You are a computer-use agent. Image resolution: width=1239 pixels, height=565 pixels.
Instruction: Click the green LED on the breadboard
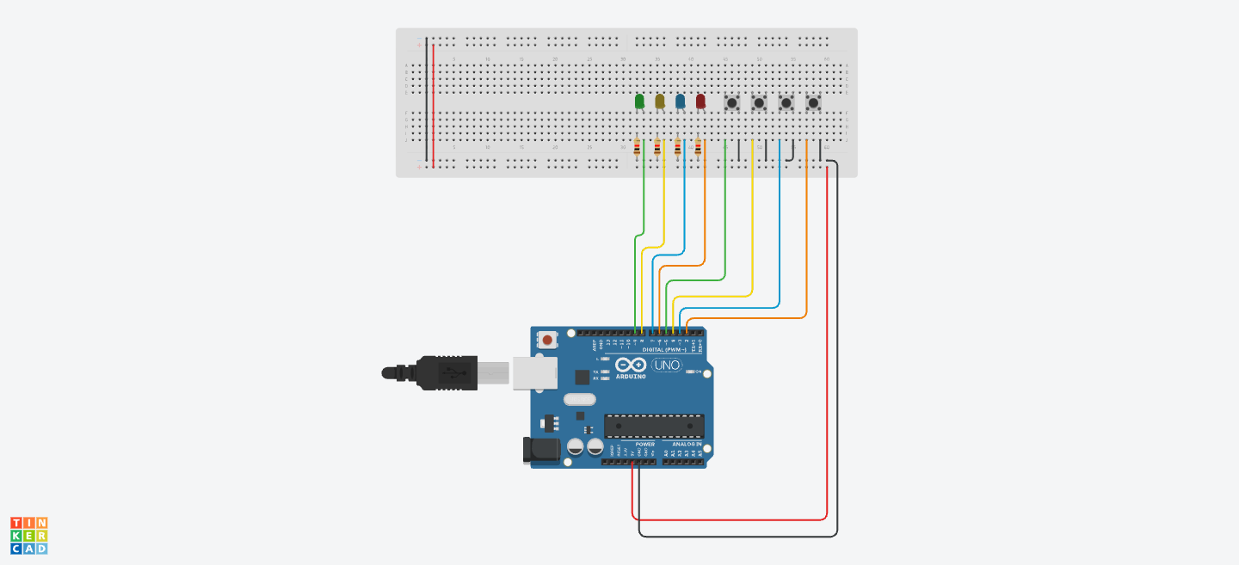[x=639, y=101]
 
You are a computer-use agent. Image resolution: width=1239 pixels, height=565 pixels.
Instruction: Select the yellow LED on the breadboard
[x=660, y=101]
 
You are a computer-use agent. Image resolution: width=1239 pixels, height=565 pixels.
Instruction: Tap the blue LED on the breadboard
[x=681, y=101]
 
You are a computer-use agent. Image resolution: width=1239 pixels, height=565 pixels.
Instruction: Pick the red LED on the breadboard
[x=700, y=101]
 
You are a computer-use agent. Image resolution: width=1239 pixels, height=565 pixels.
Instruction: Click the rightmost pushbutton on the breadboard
[x=813, y=103]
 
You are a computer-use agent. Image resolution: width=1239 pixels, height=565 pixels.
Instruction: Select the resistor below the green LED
[x=637, y=149]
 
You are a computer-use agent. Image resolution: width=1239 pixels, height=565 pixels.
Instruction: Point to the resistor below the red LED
[x=698, y=149]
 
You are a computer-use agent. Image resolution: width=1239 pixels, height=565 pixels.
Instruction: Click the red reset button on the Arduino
[x=548, y=341]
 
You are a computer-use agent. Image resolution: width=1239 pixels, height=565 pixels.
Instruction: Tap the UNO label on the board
[x=666, y=365]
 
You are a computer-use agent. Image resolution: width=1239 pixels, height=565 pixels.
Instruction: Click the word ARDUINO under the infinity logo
[x=632, y=377]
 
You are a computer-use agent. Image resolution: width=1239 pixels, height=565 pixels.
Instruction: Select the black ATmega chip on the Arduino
[x=654, y=426]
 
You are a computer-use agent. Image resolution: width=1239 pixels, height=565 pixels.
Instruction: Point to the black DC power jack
[x=541, y=450]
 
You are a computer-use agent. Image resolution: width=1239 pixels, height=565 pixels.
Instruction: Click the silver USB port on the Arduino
[x=534, y=373]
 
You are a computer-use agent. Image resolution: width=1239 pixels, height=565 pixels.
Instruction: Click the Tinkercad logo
[x=29, y=535]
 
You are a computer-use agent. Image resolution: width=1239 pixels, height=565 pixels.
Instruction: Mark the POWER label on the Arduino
[x=645, y=445]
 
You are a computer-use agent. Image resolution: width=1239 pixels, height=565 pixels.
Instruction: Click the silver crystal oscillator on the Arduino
[x=580, y=399]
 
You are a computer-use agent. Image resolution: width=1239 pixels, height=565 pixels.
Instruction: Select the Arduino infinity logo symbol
[x=632, y=365]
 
